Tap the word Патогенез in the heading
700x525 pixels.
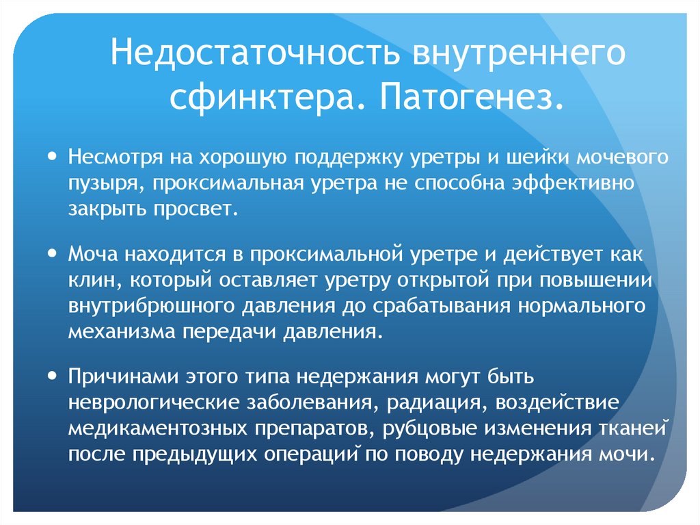tap(468, 99)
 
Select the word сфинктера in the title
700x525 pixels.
tap(262, 99)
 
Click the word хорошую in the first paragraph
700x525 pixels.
tap(237, 159)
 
